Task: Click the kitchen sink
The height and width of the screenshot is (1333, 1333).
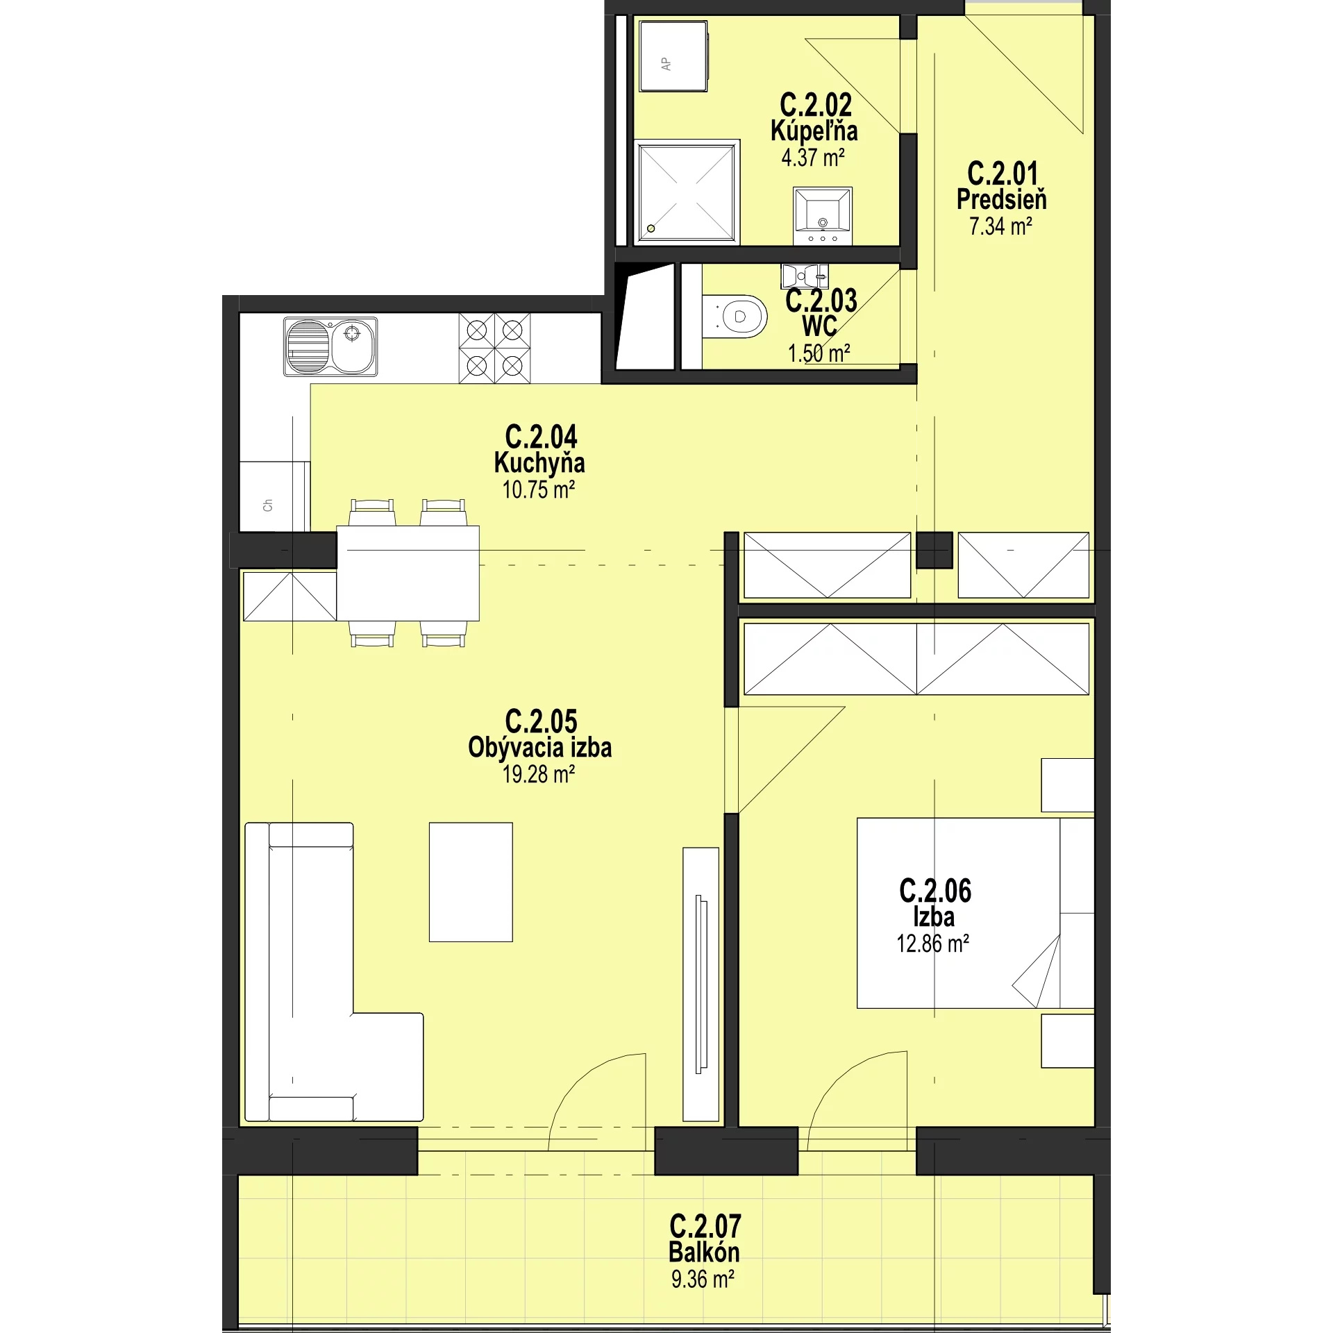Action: coord(330,346)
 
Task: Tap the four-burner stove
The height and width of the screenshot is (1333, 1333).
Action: coord(494,348)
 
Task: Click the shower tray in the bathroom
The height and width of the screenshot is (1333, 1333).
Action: coord(687,192)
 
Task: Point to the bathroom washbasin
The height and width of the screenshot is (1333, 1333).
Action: coord(823,215)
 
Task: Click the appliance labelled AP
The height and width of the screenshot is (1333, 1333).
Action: coord(673,56)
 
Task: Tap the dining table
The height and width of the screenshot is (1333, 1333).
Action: coord(408,573)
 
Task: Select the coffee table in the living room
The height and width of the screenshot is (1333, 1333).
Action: coord(471,882)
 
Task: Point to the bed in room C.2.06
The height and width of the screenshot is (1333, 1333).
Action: coord(975,913)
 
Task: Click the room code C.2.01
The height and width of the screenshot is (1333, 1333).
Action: coord(1003,173)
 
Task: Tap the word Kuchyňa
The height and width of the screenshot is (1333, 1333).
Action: coord(539,462)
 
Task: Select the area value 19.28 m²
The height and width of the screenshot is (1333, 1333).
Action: coord(539,774)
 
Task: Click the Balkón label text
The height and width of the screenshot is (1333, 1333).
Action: coord(704,1252)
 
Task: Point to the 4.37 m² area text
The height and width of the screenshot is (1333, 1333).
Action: coord(813,158)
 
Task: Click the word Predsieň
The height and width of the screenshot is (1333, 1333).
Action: coord(1002,199)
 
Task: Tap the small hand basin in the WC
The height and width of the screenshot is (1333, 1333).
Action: coord(805,276)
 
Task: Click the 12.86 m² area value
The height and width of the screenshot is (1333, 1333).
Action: coord(933,944)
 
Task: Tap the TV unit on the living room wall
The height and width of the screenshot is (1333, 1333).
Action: coord(701,984)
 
